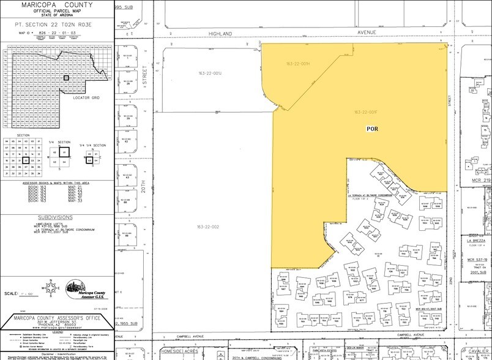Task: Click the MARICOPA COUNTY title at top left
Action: coord(56,6)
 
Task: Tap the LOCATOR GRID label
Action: coord(86,97)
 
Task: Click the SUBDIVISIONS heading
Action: coord(58,217)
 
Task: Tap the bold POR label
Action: coord(373,129)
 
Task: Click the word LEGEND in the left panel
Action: coord(57,334)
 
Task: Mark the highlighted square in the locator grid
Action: coord(66,78)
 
